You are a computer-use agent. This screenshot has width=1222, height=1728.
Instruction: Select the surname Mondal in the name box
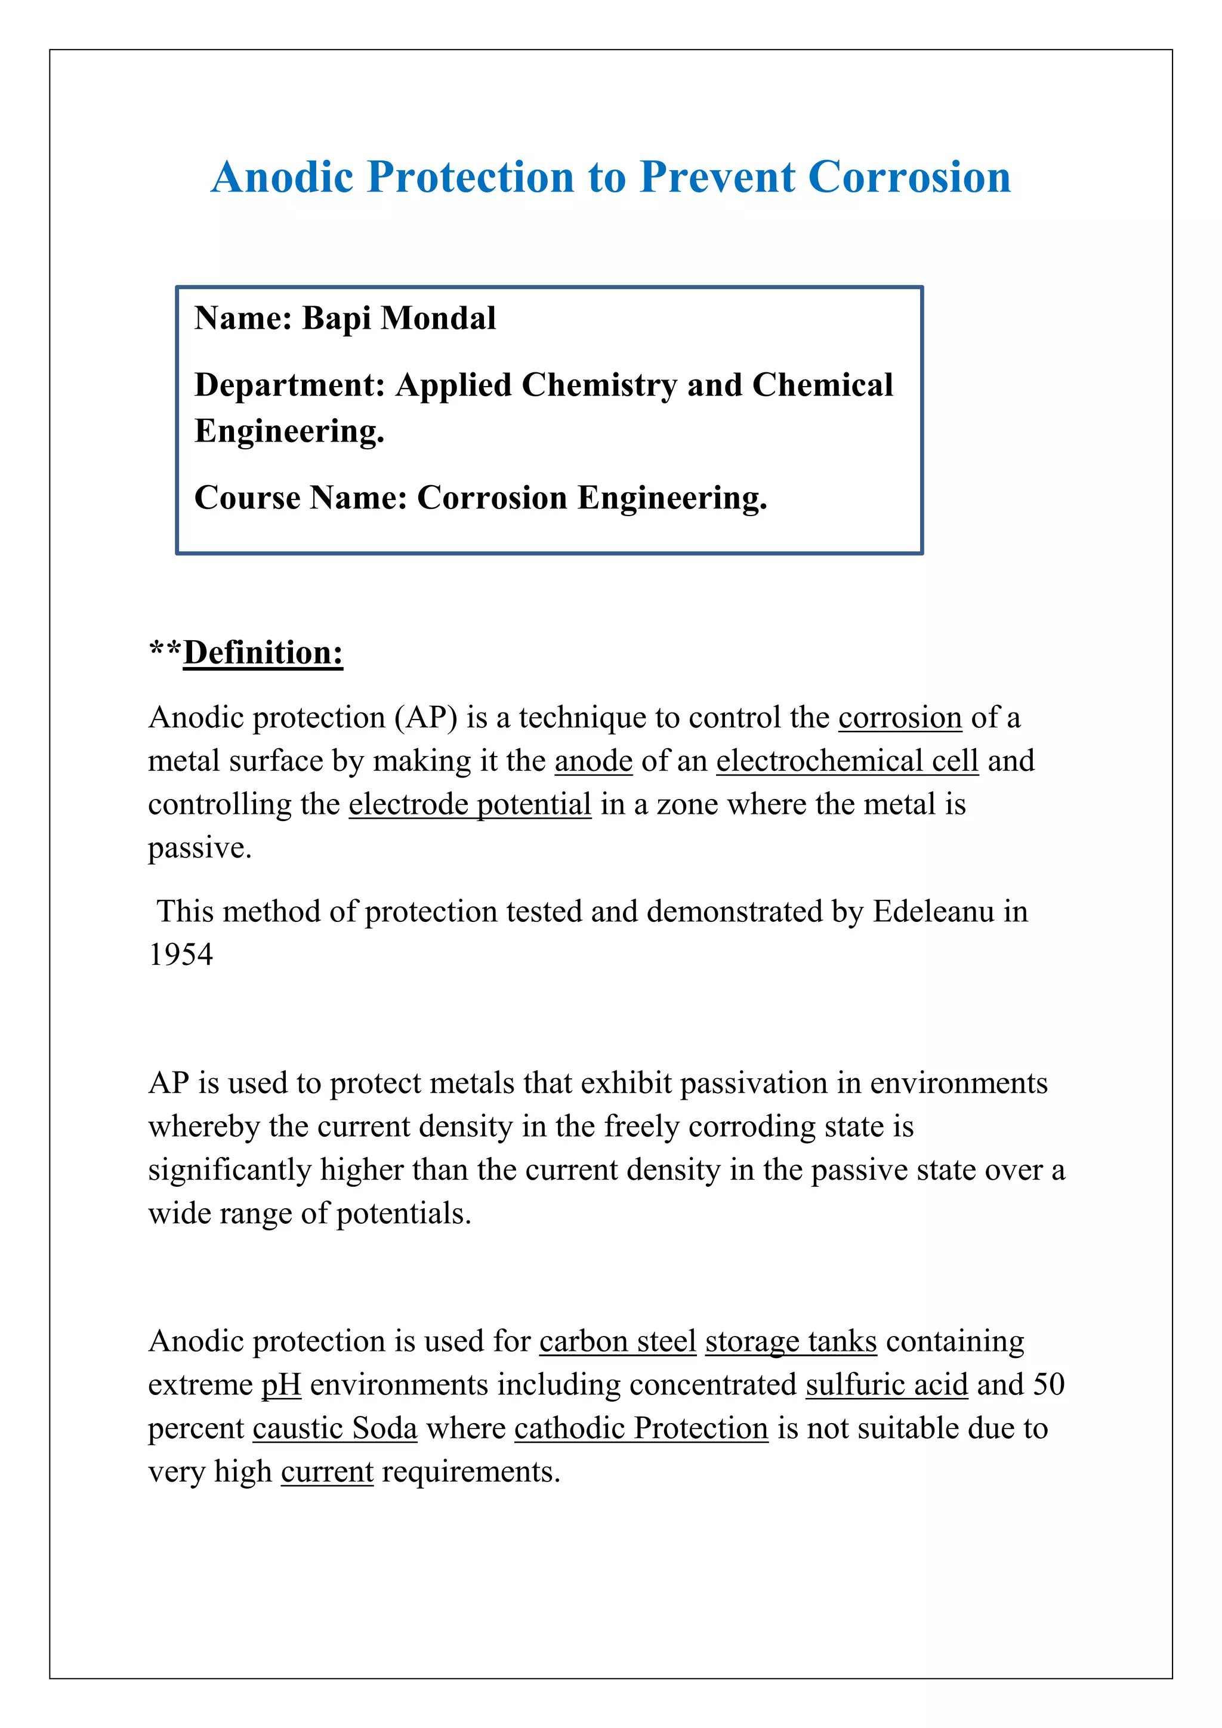coord(438,319)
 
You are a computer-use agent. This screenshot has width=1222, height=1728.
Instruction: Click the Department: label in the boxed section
coord(290,385)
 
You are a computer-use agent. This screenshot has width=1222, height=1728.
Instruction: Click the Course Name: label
coord(300,498)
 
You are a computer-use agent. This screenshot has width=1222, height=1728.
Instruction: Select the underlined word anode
coord(593,761)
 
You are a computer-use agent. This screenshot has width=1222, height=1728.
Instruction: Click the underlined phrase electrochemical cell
coord(847,761)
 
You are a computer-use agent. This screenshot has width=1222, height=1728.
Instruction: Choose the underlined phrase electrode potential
coord(470,804)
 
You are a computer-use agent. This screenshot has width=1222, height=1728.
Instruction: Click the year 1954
coord(181,955)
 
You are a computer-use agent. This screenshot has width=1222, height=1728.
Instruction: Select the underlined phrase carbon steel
coord(618,1341)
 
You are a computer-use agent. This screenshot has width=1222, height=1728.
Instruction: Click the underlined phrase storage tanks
coord(791,1341)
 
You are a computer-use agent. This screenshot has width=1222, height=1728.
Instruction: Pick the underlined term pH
coord(280,1385)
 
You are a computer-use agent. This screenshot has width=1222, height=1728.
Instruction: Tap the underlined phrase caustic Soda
coord(335,1428)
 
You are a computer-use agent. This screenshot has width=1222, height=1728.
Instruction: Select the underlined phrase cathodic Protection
coord(641,1428)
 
